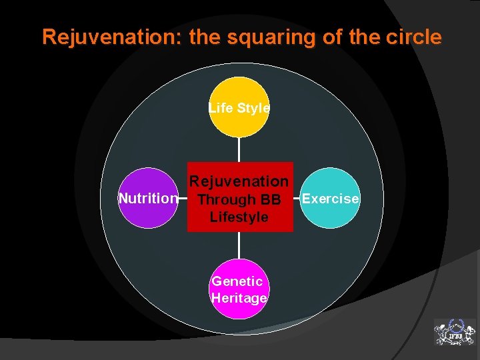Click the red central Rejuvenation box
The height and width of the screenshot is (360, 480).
[x=240, y=197]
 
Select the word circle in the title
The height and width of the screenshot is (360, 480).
[x=414, y=37]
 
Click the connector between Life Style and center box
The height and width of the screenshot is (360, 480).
[x=239, y=149]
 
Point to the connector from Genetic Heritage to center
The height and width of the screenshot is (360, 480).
[x=239, y=245]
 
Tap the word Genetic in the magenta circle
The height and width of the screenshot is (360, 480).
[x=237, y=281]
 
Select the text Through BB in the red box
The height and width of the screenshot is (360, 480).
[x=239, y=199]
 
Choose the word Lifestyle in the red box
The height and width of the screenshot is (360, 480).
[x=239, y=217]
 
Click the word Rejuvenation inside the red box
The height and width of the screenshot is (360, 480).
[x=239, y=181]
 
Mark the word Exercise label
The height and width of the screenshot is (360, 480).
[x=331, y=199]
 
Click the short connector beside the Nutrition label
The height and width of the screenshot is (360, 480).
[x=183, y=198]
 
